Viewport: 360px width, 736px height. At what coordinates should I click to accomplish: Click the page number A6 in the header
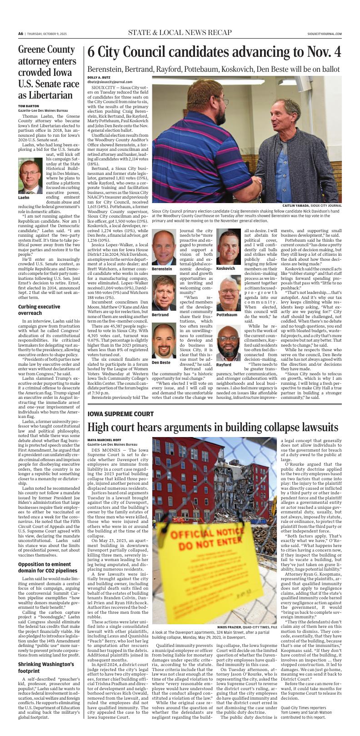(20, 33)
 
